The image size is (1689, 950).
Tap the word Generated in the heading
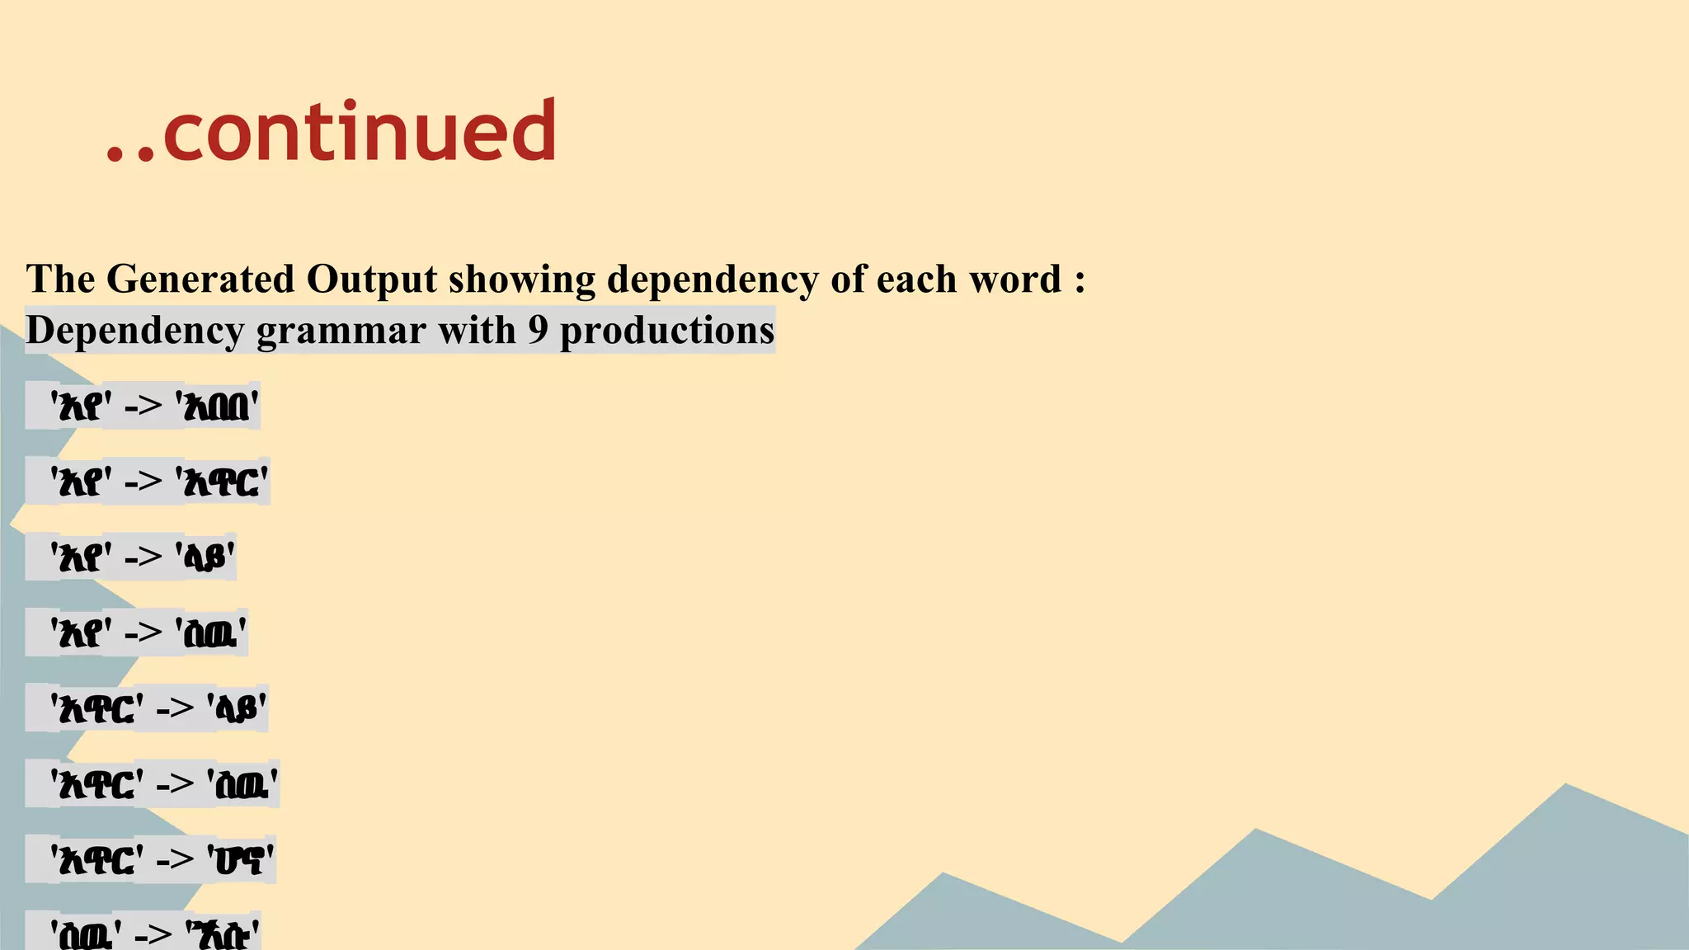coord(200,279)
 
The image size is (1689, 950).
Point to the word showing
coord(521,279)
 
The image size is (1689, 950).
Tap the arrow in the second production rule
coord(143,482)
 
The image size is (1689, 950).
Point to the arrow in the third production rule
coord(143,557)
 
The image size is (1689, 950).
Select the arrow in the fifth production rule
coord(175,708)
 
